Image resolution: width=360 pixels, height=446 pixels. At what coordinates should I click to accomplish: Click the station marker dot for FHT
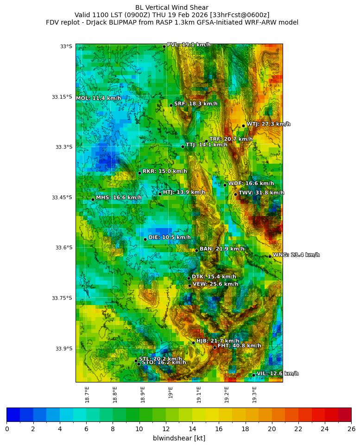coord(215,347)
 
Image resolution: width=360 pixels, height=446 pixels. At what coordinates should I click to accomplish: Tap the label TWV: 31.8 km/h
coord(261,193)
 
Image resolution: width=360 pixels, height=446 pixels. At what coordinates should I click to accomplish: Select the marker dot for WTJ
coord(243,126)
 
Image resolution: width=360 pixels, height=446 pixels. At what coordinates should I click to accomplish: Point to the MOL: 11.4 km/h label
coord(98,98)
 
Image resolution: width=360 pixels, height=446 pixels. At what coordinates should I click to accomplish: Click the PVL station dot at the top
coord(164,46)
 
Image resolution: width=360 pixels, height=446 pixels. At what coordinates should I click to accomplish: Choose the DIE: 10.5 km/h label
coord(169,237)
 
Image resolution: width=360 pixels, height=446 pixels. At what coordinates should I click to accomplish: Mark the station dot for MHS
coord(93,199)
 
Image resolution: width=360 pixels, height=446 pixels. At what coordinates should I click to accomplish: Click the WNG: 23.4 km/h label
coord(296,255)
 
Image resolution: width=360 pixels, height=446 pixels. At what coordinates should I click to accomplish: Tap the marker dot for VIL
coord(253,375)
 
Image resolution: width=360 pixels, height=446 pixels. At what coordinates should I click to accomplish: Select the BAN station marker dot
coord(196,250)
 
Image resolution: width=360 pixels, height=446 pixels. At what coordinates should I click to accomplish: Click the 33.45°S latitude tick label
coord(62,198)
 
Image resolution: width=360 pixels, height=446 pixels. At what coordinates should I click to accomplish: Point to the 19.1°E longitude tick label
coord(199,395)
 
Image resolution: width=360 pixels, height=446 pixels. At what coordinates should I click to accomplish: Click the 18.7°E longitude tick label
coord(87,395)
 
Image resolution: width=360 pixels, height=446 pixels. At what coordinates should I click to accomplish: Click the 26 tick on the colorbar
coord(351,429)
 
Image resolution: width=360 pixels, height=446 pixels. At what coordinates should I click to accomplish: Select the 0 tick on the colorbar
coord(6,429)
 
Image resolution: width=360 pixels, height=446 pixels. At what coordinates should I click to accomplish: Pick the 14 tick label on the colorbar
coord(192,429)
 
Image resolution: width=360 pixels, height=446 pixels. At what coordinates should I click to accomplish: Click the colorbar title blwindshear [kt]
coord(179,438)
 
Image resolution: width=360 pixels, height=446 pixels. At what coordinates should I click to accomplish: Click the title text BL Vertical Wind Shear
coord(171,7)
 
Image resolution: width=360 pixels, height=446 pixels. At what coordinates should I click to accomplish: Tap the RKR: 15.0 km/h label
coord(164,172)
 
